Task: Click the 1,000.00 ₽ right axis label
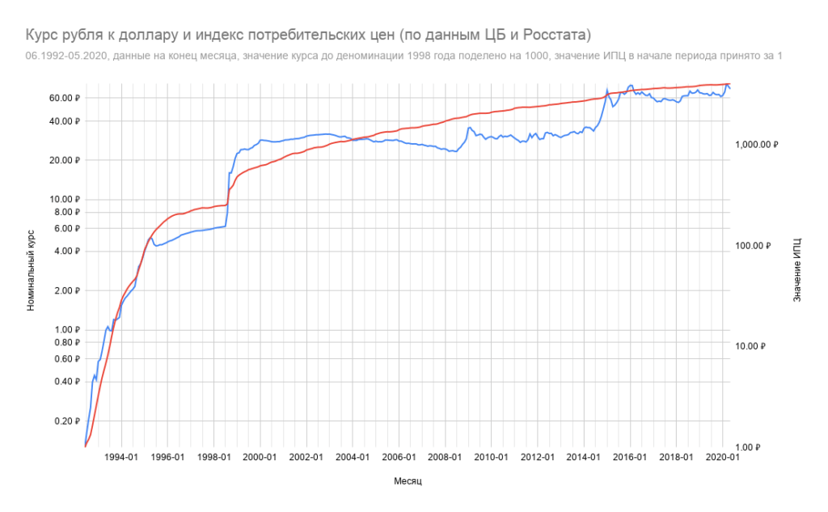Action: tap(755, 144)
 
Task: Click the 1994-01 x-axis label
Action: tap(121, 457)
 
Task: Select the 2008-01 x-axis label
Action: tap(445, 457)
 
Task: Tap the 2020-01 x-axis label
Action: tap(722, 457)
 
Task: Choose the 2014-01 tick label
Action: tap(584, 457)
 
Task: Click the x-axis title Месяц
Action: tap(408, 480)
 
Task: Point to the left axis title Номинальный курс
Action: tap(30, 270)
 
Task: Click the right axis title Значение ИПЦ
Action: tap(797, 270)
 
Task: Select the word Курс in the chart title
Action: tap(42, 35)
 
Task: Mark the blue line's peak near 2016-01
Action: tap(630, 85)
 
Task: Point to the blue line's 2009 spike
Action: tap(470, 128)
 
